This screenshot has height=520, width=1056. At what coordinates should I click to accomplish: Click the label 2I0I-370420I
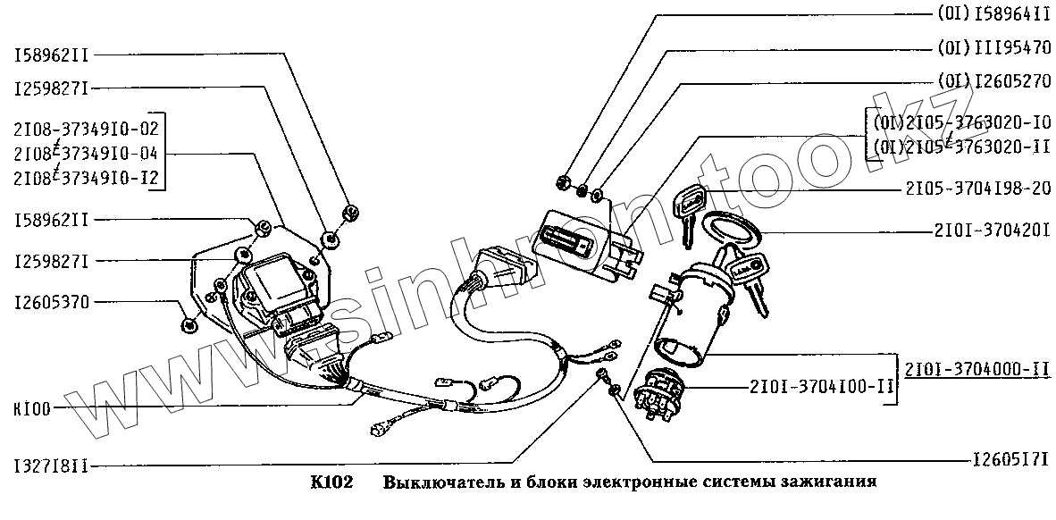pyautogui.click(x=985, y=231)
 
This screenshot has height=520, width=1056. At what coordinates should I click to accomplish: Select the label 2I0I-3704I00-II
pyautogui.click(x=823, y=387)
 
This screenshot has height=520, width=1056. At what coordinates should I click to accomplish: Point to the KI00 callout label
pyautogui.click(x=32, y=408)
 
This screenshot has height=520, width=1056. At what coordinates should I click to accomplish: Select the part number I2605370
pyautogui.click(x=51, y=302)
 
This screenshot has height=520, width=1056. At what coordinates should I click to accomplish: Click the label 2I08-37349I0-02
pyautogui.click(x=86, y=127)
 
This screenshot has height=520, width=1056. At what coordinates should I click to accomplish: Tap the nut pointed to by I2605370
pyautogui.click(x=189, y=324)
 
